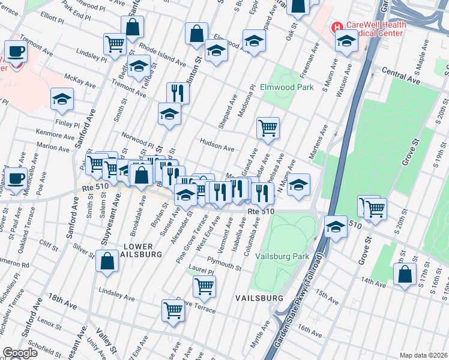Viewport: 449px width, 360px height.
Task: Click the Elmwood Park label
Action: [x=287, y=88]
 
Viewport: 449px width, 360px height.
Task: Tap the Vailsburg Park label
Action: [x=282, y=256]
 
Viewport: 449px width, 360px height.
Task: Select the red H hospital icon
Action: [x=337, y=28]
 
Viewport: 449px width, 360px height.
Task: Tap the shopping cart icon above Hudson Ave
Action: [x=268, y=127]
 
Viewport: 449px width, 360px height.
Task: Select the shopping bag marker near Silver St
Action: [x=107, y=262]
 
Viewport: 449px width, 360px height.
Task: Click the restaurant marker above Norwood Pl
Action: [x=178, y=93]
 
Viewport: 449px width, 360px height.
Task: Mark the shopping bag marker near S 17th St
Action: [x=405, y=274]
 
